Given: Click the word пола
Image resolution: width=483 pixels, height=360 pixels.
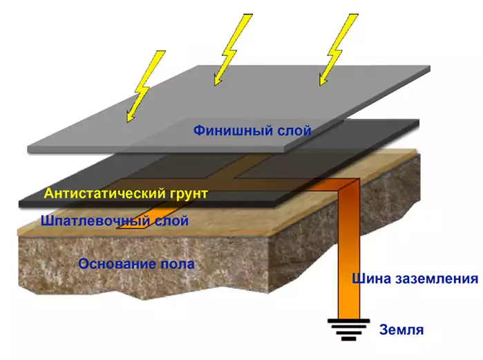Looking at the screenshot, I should (178, 264).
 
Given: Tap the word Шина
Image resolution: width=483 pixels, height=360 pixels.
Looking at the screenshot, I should (372, 279).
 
